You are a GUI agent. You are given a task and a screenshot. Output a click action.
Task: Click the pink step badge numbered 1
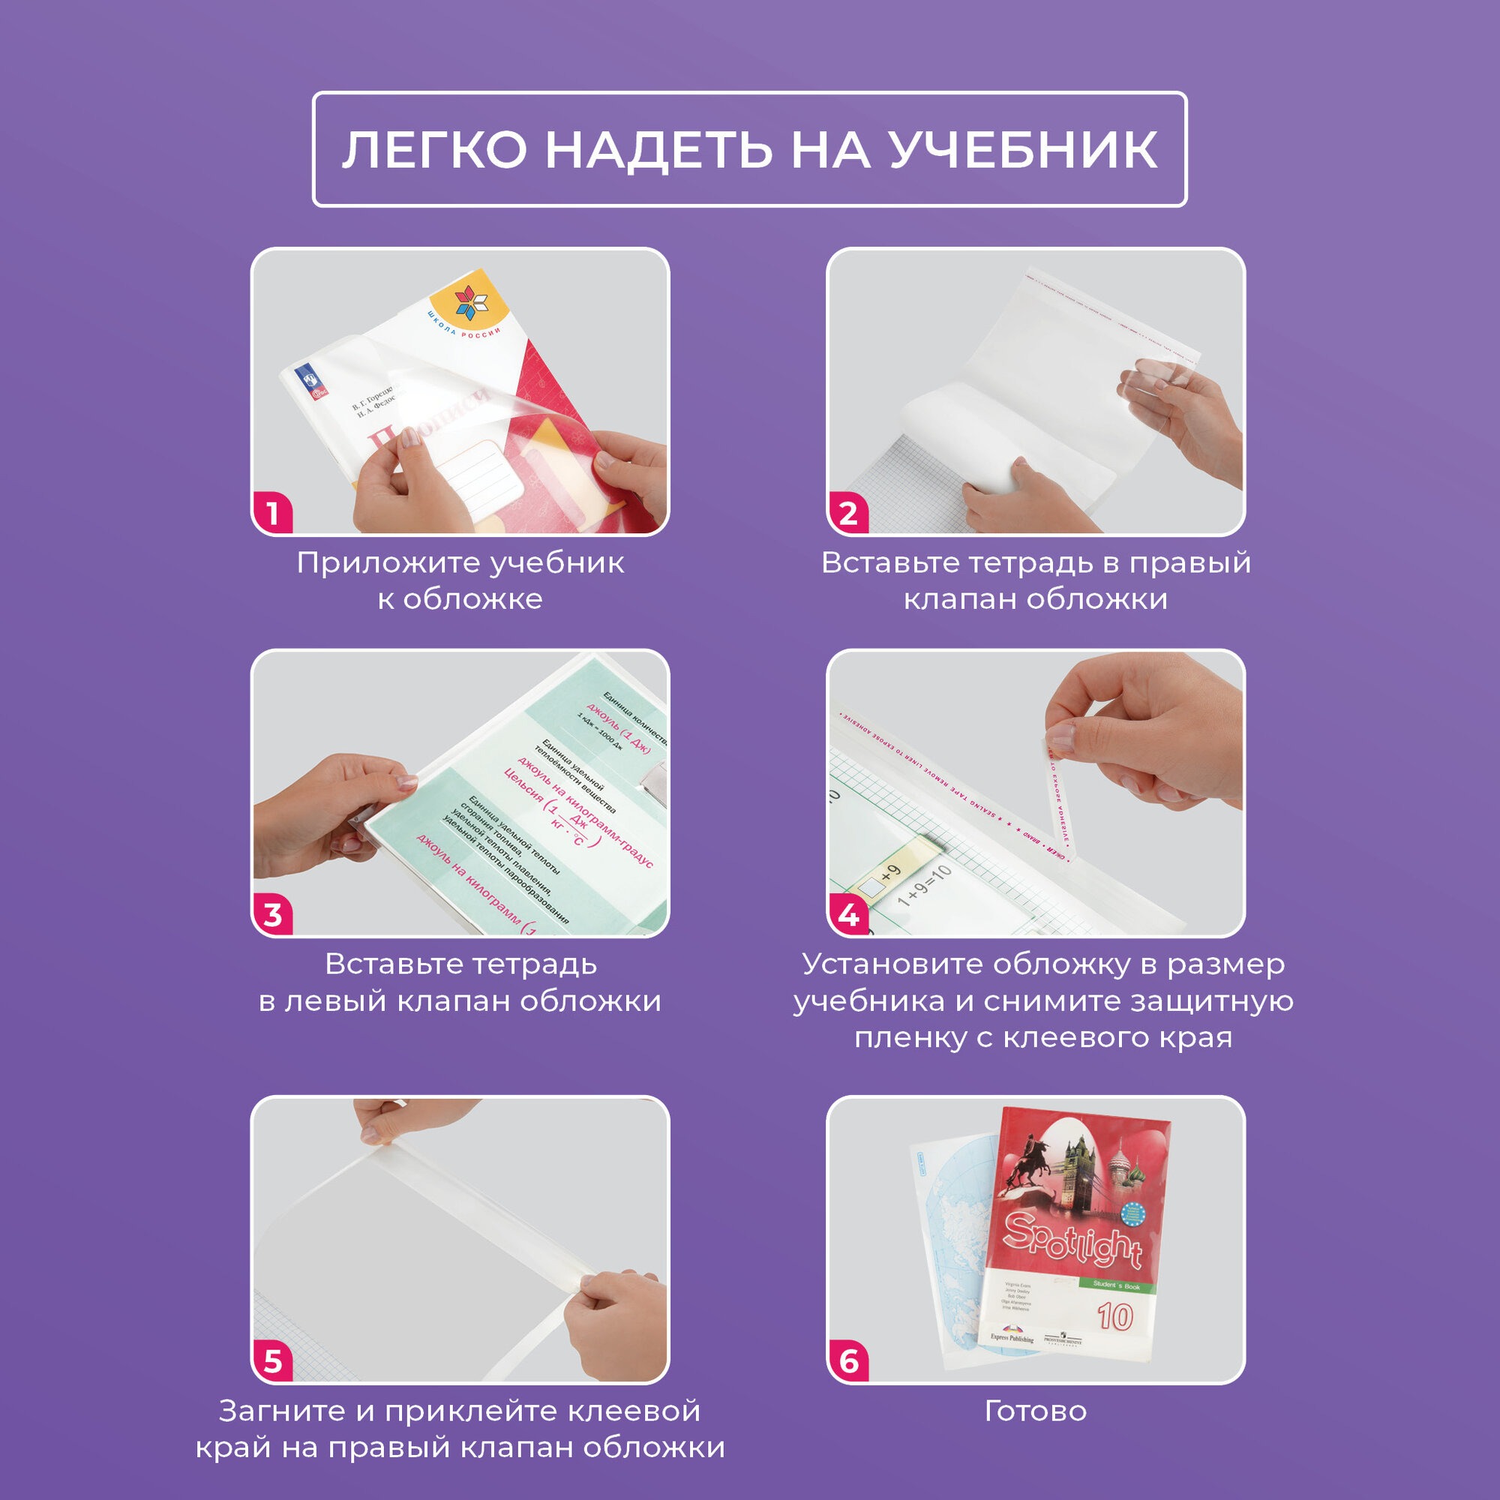[272, 513]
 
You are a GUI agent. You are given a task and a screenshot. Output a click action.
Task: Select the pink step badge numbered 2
[847, 513]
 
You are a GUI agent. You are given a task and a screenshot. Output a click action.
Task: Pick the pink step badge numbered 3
[272, 914]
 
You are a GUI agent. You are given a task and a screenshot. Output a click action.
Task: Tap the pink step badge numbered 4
[847, 914]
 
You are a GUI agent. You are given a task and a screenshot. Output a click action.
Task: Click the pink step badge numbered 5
[272, 1361]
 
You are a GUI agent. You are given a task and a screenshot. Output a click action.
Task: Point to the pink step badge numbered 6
[847, 1361]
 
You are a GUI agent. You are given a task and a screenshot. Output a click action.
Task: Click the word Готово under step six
[1035, 1411]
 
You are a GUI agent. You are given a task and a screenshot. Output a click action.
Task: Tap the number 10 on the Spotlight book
[1115, 1317]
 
